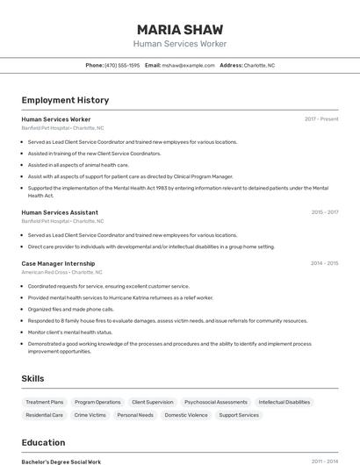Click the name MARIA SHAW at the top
point(179,29)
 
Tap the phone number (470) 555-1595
point(122,65)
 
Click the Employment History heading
point(65,100)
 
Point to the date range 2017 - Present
point(321,118)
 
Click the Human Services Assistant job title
point(60,212)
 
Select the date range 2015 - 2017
point(324,212)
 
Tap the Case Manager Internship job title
point(58,263)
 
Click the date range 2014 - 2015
point(324,263)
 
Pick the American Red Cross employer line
point(62,273)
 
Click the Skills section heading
point(33,378)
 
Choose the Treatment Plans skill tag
point(45,402)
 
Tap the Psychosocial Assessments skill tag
point(216,402)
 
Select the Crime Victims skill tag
point(90,415)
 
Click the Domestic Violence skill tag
point(186,415)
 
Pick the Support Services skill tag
point(239,415)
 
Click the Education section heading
point(43,442)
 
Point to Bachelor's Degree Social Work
point(61,461)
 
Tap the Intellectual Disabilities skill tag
point(284,402)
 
